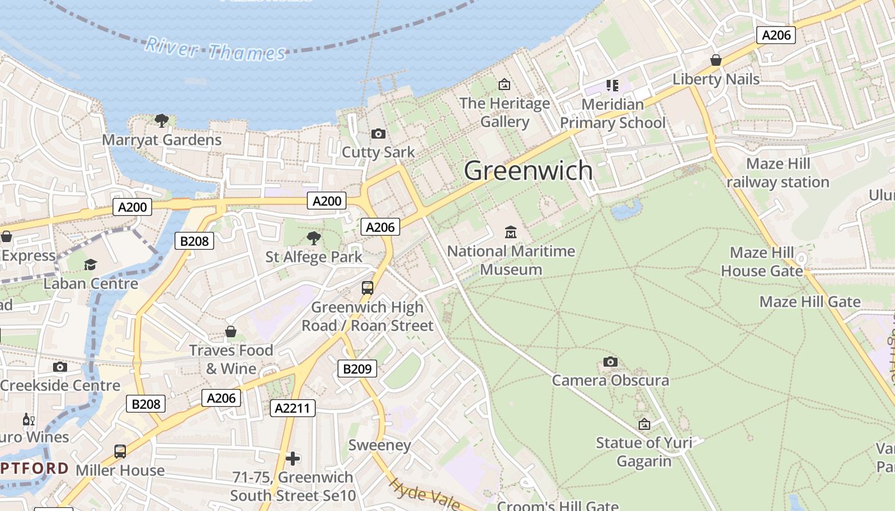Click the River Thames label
click(215, 49)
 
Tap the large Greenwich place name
click(528, 171)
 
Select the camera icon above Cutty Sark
click(378, 133)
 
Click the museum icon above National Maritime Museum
click(510, 232)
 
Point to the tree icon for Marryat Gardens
click(162, 120)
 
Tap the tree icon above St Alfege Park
click(313, 238)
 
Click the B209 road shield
click(357, 368)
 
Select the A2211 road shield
click(293, 408)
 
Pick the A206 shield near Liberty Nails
click(776, 35)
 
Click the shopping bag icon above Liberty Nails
click(716, 60)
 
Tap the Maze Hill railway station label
click(778, 173)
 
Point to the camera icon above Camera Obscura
click(610, 362)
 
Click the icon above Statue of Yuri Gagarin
click(644, 424)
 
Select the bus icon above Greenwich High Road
click(368, 288)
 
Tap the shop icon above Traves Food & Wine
click(231, 332)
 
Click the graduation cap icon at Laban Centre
click(90, 264)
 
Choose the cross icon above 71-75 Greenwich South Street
click(293, 458)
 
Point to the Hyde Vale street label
click(423, 494)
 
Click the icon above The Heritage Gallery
click(504, 84)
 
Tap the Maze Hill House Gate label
click(761, 262)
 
